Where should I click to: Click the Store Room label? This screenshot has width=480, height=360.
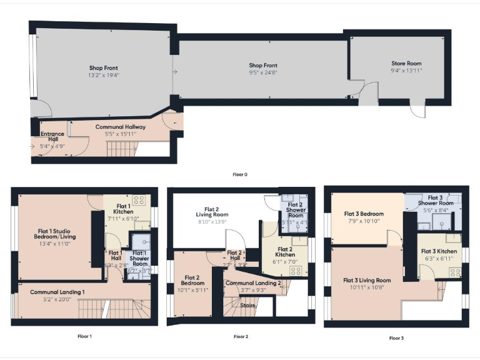[406, 63]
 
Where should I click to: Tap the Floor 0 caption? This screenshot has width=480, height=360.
[240, 174]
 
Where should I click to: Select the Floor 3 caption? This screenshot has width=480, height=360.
[396, 338]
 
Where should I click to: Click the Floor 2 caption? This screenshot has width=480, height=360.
[241, 336]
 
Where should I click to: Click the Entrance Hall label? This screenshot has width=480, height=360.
[52, 137]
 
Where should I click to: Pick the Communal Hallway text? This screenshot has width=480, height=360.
[121, 127]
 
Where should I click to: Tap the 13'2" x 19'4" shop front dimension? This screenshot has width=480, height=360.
[104, 75]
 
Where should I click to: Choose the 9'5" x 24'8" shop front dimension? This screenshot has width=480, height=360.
[263, 72]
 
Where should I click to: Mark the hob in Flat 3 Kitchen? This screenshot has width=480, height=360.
[456, 272]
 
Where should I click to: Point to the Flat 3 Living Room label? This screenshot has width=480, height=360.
[367, 280]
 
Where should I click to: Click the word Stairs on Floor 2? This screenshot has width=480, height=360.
[249, 306]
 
